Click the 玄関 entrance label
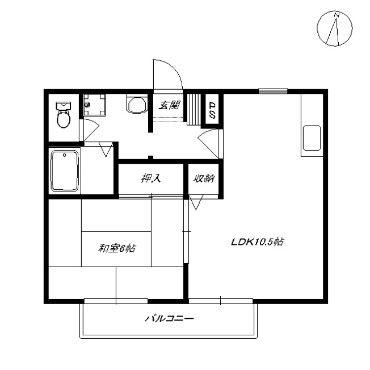[x=169, y=105]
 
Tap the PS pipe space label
[x=212, y=110]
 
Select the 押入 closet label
[x=151, y=178]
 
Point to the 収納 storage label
[x=204, y=178]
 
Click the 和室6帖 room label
[x=117, y=248]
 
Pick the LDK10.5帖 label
[x=258, y=242]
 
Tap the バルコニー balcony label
[x=169, y=319]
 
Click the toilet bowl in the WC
[x=64, y=119]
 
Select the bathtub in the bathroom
[x=65, y=171]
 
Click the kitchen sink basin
[x=312, y=138]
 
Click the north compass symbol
[x=335, y=28]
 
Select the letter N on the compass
[x=337, y=15]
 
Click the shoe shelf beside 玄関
[x=194, y=109]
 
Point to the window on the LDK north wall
[x=273, y=91]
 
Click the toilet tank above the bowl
[x=64, y=106]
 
